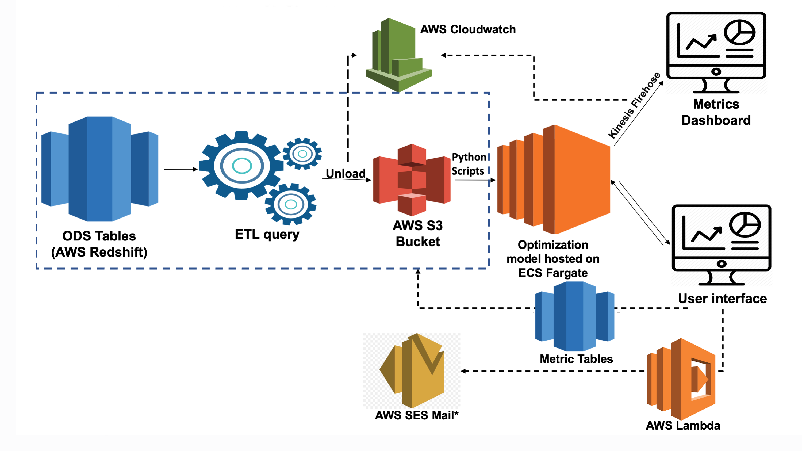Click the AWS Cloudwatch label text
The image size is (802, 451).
click(x=468, y=30)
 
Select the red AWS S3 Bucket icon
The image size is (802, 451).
click(x=412, y=180)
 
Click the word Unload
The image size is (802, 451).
click(x=346, y=174)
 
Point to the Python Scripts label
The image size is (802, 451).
click(x=469, y=164)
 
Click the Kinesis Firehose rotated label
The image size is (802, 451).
click(x=634, y=105)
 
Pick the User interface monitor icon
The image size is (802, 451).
click(x=721, y=244)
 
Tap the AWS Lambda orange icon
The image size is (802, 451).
click(x=681, y=379)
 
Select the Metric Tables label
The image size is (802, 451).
click(x=576, y=359)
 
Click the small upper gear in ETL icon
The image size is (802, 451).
click(x=302, y=154)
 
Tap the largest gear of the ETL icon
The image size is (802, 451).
click(x=241, y=166)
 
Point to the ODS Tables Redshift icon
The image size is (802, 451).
click(x=100, y=169)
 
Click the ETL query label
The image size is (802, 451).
click(x=267, y=235)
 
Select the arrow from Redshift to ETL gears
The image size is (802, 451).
click(x=181, y=169)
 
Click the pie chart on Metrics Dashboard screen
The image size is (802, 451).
click(x=739, y=32)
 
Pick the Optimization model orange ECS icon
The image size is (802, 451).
click(x=554, y=179)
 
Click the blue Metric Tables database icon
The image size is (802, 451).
click(x=574, y=316)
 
